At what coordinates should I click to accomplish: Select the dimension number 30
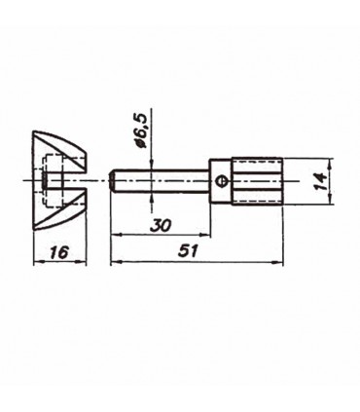[161, 225]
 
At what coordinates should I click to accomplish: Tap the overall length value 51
[188, 251]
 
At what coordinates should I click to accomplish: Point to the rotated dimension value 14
[318, 181]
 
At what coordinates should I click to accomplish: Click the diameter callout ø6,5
[142, 131]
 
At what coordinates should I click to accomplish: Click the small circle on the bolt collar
[222, 181]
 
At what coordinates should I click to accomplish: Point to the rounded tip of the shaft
[112, 181]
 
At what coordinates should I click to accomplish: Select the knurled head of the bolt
[257, 181]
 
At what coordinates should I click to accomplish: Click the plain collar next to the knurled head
[221, 181]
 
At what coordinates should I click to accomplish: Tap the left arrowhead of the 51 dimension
[116, 262]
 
